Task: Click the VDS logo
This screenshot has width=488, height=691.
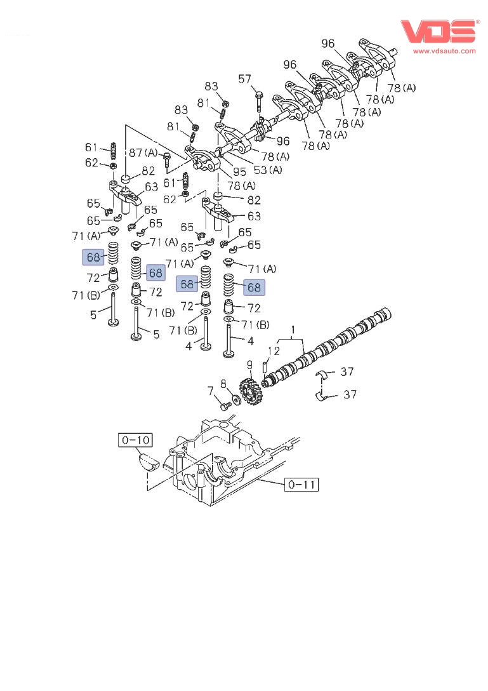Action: (437, 32)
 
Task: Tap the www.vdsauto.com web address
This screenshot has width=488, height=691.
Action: (444, 51)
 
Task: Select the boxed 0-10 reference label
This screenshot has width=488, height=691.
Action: (134, 439)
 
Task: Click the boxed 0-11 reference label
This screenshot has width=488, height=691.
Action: (301, 485)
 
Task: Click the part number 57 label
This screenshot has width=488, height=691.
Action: (245, 79)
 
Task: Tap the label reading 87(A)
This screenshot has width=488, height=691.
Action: (143, 152)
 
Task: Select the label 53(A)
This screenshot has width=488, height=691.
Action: (269, 170)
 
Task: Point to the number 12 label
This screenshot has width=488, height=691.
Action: (274, 351)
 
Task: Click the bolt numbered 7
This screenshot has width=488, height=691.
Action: (223, 405)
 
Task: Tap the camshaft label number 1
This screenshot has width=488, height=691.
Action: (294, 330)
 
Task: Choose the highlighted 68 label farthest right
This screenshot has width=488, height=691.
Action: (254, 287)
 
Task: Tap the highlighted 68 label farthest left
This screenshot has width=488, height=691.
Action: (93, 257)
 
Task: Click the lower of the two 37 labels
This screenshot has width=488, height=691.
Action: (350, 394)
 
